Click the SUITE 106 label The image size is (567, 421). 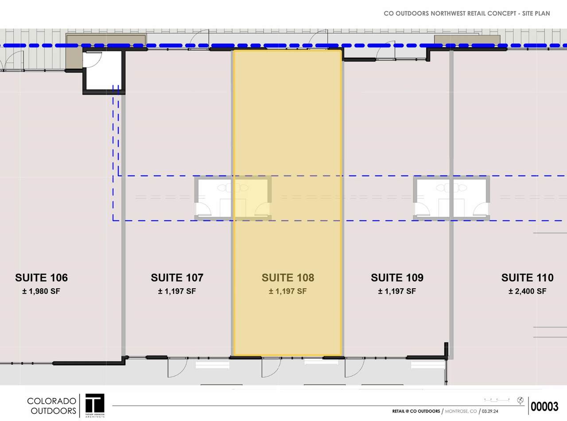point(41,278)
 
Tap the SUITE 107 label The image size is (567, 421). point(177,278)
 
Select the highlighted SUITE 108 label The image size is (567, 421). point(287,278)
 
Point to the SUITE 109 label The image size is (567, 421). point(397,278)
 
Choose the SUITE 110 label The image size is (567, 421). point(527,278)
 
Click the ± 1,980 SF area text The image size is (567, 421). point(41,291)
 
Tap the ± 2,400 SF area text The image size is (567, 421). point(527,291)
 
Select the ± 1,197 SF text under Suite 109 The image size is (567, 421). point(397,291)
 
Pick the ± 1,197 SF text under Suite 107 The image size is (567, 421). point(177,291)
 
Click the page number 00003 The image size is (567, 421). point(544,406)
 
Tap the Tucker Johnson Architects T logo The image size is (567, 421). point(95,405)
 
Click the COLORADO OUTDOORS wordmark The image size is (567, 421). point(51,406)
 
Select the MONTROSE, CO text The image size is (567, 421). point(461,411)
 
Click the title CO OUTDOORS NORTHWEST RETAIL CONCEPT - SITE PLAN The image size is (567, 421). point(467,13)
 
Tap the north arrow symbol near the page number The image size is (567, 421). point(520,400)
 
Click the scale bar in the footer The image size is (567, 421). point(497,400)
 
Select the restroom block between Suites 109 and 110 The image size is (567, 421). point(451,198)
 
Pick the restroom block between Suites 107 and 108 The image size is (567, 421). point(233,198)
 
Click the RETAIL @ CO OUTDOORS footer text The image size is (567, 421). point(416,411)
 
